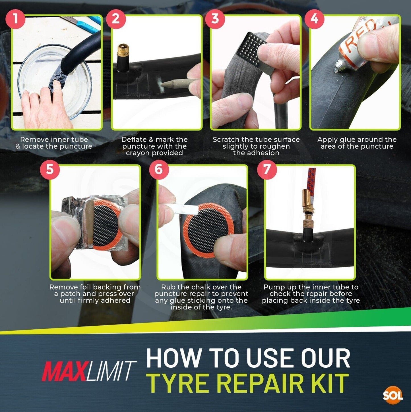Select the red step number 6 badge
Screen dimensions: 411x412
pos(159,169)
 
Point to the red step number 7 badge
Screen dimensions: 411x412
pos(267,169)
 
